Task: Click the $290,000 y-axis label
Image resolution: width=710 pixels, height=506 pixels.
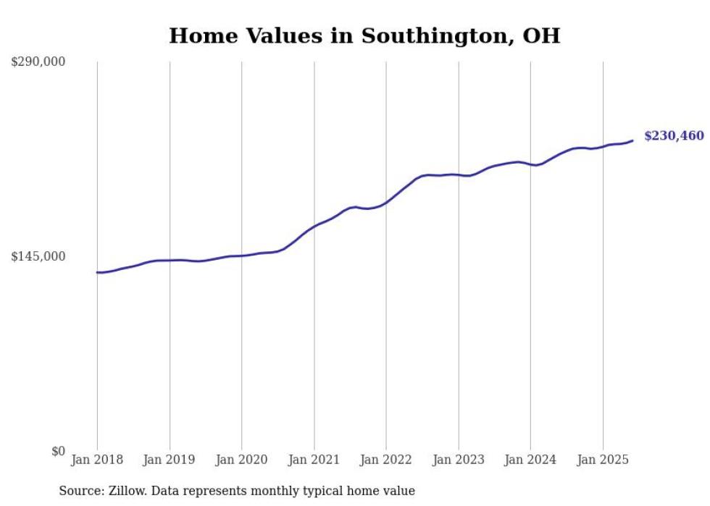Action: (38, 62)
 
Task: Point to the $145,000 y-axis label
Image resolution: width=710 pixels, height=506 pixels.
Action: (38, 256)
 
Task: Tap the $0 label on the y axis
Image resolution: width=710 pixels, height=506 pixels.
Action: (58, 452)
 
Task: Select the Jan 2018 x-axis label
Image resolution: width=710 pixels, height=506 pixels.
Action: (97, 460)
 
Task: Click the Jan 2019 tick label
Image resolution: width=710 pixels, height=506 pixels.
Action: (170, 460)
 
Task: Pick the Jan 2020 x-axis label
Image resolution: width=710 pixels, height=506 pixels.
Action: (241, 460)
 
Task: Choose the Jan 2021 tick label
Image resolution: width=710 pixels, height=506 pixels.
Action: (314, 460)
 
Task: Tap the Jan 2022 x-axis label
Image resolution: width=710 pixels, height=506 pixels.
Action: (386, 460)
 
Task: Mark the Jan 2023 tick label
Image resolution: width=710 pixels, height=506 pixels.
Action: (458, 460)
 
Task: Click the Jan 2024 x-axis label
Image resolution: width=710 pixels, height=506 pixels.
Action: (530, 460)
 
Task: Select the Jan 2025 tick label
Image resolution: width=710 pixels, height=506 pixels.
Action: (603, 460)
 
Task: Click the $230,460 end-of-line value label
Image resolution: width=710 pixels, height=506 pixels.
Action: (674, 136)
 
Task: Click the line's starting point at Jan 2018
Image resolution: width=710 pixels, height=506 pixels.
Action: (97, 272)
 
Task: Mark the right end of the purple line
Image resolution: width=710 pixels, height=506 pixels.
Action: (633, 140)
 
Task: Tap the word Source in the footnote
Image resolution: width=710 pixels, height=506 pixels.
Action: (79, 491)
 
